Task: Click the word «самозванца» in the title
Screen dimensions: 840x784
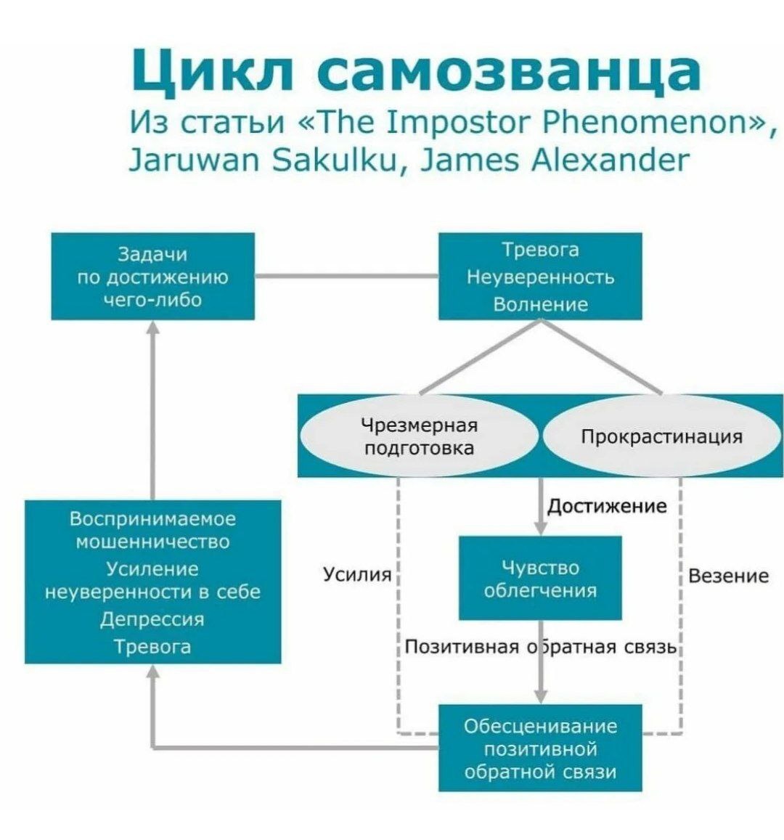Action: click(x=508, y=70)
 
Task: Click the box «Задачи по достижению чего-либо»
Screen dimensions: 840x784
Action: click(x=152, y=277)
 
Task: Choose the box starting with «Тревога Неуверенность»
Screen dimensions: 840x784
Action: click(x=540, y=277)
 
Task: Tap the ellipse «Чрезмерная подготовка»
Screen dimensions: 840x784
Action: click(x=419, y=436)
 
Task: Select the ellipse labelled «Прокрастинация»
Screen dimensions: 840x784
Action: click(x=661, y=436)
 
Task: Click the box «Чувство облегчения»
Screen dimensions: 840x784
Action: click(x=540, y=578)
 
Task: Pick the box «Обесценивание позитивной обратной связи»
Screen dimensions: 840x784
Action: click(x=540, y=748)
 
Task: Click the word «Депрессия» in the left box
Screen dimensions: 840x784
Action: click(x=152, y=619)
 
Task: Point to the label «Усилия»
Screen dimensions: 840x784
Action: click(x=356, y=575)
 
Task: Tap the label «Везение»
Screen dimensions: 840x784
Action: click(x=728, y=576)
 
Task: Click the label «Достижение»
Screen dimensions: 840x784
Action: click(x=607, y=505)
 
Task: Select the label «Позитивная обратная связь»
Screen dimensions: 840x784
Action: click(x=540, y=646)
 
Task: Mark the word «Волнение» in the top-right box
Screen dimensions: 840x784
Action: click(x=540, y=304)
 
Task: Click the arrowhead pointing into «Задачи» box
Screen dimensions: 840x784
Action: click(x=152, y=327)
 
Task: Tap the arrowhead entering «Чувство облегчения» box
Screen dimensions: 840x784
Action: click(x=540, y=529)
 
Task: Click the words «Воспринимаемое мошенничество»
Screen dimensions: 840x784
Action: click(x=152, y=530)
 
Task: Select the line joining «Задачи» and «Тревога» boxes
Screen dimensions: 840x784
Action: click(x=346, y=277)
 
